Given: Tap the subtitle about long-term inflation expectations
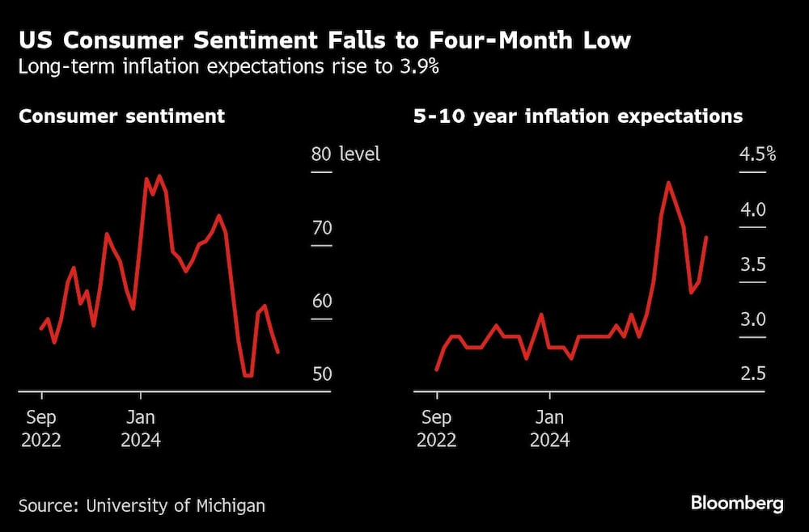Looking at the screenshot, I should pyautogui.click(x=228, y=67).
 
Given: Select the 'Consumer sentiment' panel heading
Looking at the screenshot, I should pyautogui.click(x=121, y=116).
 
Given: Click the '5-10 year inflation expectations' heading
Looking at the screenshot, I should pyautogui.click(x=578, y=116).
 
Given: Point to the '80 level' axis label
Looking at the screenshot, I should pyautogui.click(x=345, y=154).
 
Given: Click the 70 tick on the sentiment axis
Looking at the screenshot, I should pyautogui.click(x=321, y=228).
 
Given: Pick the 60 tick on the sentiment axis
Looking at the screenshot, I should pyautogui.click(x=321, y=302).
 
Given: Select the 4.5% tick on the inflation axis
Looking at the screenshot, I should pyautogui.click(x=757, y=154).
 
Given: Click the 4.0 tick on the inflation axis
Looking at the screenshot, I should pyautogui.click(x=752, y=209).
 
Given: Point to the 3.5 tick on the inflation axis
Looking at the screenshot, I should pyautogui.click(x=752, y=264).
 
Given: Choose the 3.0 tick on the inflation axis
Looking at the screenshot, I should pyautogui.click(x=752, y=319).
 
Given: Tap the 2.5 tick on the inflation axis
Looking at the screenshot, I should pyautogui.click(x=752, y=374).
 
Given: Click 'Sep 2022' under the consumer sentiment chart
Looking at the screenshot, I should pyautogui.click(x=41, y=429).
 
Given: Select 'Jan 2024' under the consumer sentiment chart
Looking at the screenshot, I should pyautogui.click(x=141, y=429).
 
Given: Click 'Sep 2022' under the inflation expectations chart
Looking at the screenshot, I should pyautogui.click(x=437, y=429).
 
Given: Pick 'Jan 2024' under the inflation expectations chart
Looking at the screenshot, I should pyautogui.click(x=550, y=429).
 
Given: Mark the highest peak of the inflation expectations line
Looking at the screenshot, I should pyautogui.click(x=668, y=183).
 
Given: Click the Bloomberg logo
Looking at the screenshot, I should pyautogui.click(x=737, y=504).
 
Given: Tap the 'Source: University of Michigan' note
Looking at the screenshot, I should pyautogui.click(x=142, y=506).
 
